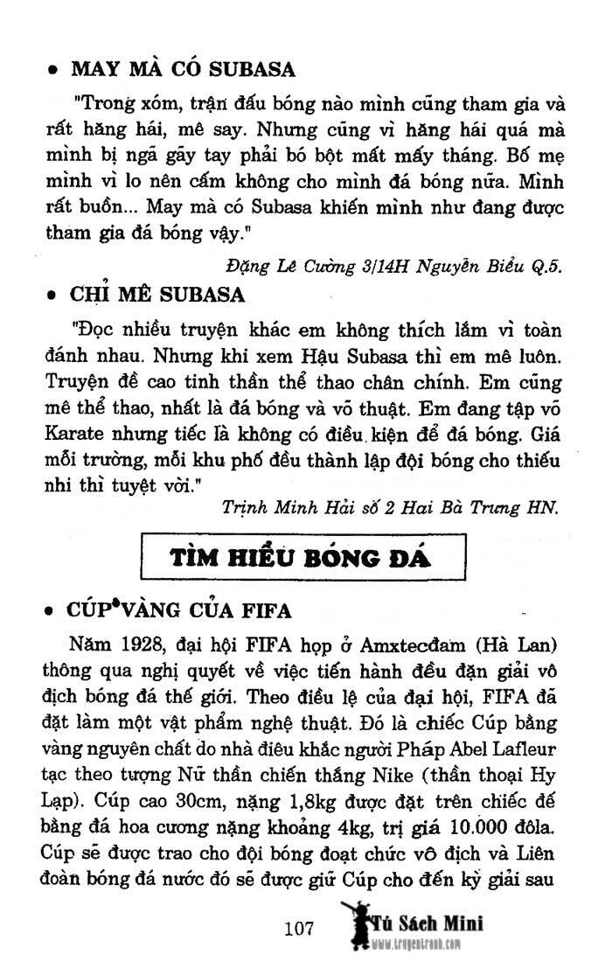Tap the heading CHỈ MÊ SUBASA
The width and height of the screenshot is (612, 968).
tap(157, 295)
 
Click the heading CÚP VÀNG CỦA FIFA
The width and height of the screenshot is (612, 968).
tap(180, 609)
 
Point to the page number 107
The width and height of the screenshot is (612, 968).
tap(298, 929)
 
